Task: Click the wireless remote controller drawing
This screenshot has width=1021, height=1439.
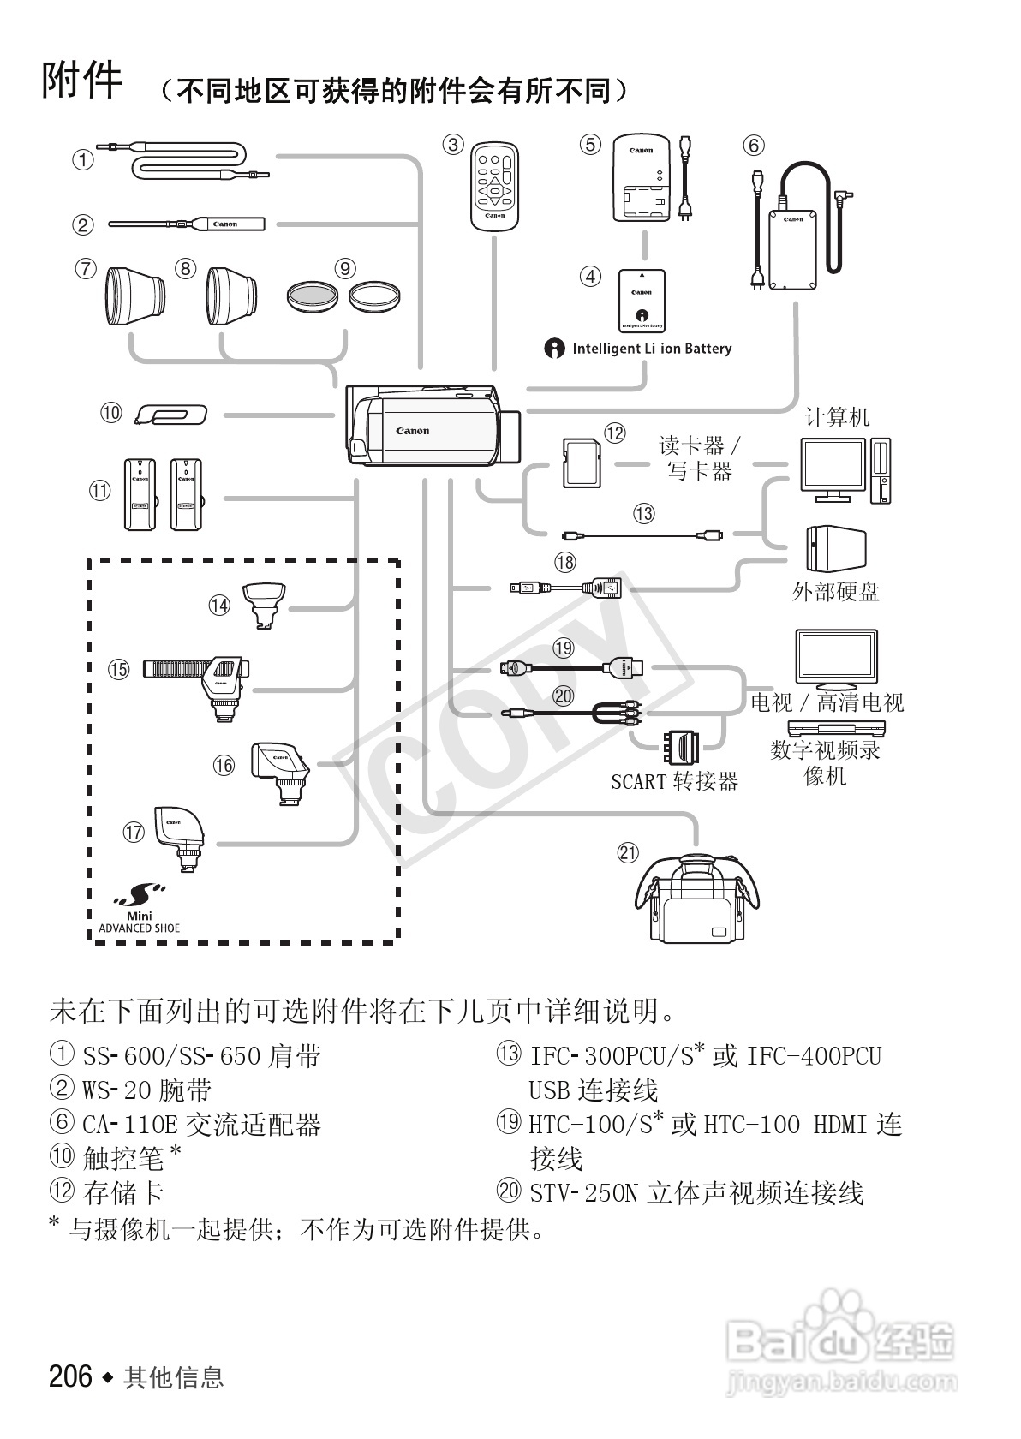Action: point(495,186)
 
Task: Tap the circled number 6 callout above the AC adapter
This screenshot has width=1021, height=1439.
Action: point(753,146)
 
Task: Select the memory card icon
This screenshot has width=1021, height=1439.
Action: point(580,463)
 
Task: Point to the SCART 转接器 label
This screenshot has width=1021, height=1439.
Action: point(674,781)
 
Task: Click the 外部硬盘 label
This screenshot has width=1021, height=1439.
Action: point(835,592)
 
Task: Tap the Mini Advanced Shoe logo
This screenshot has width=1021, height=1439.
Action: point(139,909)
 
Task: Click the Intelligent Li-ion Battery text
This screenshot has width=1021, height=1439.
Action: point(651,349)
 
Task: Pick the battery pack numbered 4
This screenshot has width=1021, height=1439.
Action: point(642,301)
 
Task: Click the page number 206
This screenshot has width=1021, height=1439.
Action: point(70,1376)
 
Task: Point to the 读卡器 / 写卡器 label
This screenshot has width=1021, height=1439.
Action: point(699,457)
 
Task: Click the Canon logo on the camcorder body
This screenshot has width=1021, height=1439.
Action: point(412,431)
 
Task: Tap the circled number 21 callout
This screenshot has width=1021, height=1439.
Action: point(628,852)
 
